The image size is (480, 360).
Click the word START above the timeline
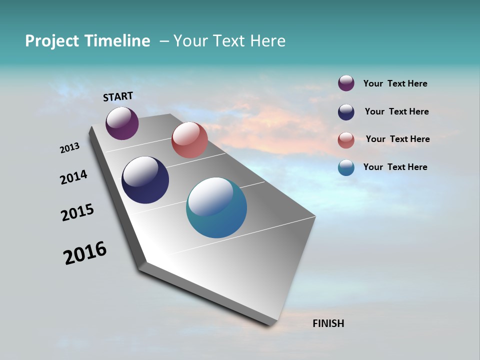118,96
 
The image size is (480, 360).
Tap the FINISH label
328,323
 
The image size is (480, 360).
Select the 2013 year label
69,148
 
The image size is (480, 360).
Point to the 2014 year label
73,177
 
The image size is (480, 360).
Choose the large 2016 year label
85,253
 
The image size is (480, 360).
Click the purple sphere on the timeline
122,123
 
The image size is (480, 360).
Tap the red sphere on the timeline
189,140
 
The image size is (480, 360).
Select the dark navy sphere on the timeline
145,180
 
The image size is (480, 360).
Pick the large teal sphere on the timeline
216,207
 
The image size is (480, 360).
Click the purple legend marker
346,83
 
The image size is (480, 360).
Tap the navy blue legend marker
346,112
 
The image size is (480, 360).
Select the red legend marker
346,140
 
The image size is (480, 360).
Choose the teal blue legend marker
346,167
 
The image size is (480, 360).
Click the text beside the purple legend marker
395,84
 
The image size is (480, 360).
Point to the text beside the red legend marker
397,139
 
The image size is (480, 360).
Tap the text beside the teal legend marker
395,167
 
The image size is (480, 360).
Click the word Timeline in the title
117,41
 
